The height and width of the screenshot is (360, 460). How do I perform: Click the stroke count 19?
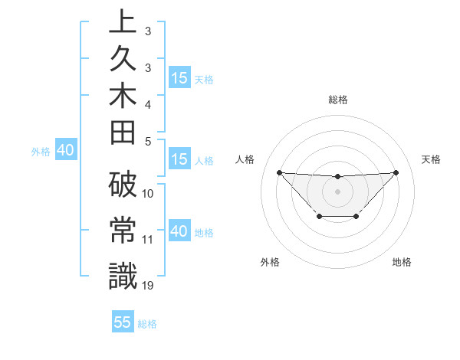coord(148,285)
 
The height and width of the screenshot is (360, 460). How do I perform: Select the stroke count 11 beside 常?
coord(148,240)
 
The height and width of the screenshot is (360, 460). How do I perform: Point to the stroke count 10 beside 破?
coord(148,194)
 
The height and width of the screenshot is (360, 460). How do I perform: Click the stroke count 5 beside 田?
coord(148,141)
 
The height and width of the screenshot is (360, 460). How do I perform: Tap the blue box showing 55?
coord(123,322)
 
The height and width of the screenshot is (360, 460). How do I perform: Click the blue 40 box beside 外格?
coord(65,151)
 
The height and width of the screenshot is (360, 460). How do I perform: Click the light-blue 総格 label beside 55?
coord(147,323)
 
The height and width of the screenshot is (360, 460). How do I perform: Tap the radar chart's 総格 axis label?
coord(337,100)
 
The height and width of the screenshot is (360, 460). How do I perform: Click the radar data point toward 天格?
coord(396,172)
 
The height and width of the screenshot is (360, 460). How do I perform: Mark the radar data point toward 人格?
coord(279,172)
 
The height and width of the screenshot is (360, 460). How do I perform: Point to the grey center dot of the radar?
coord(337,191)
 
